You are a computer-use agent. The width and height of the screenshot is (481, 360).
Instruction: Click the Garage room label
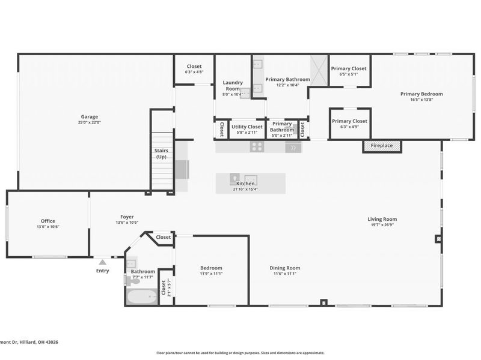click(90, 117)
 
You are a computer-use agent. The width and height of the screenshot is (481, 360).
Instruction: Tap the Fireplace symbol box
click(382, 146)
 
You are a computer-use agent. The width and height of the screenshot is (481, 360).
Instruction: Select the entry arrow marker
click(103, 262)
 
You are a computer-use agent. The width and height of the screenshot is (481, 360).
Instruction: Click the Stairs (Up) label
click(161, 154)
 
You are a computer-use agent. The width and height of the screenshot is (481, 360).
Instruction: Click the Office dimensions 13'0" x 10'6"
click(48, 227)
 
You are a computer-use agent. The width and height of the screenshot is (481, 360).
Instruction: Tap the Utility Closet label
click(247, 127)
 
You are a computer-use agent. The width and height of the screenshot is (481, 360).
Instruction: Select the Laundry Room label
click(232, 85)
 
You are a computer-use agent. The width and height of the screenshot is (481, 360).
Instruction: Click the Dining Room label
click(284, 268)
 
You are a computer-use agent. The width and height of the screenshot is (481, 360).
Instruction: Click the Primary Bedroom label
click(421, 94)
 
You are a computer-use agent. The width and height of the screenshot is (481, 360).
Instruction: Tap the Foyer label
click(127, 217)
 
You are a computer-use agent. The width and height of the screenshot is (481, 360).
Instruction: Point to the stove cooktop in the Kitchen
click(257, 146)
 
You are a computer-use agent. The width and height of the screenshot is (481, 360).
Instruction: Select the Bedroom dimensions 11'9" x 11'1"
click(211, 274)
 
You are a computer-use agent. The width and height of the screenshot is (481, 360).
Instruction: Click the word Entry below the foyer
click(103, 271)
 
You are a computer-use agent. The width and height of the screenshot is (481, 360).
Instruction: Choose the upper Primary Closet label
click(349, 68)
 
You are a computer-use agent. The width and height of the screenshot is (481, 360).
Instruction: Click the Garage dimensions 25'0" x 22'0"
click(90, 122)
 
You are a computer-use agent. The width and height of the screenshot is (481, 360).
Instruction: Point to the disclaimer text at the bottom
click(240, 353)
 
